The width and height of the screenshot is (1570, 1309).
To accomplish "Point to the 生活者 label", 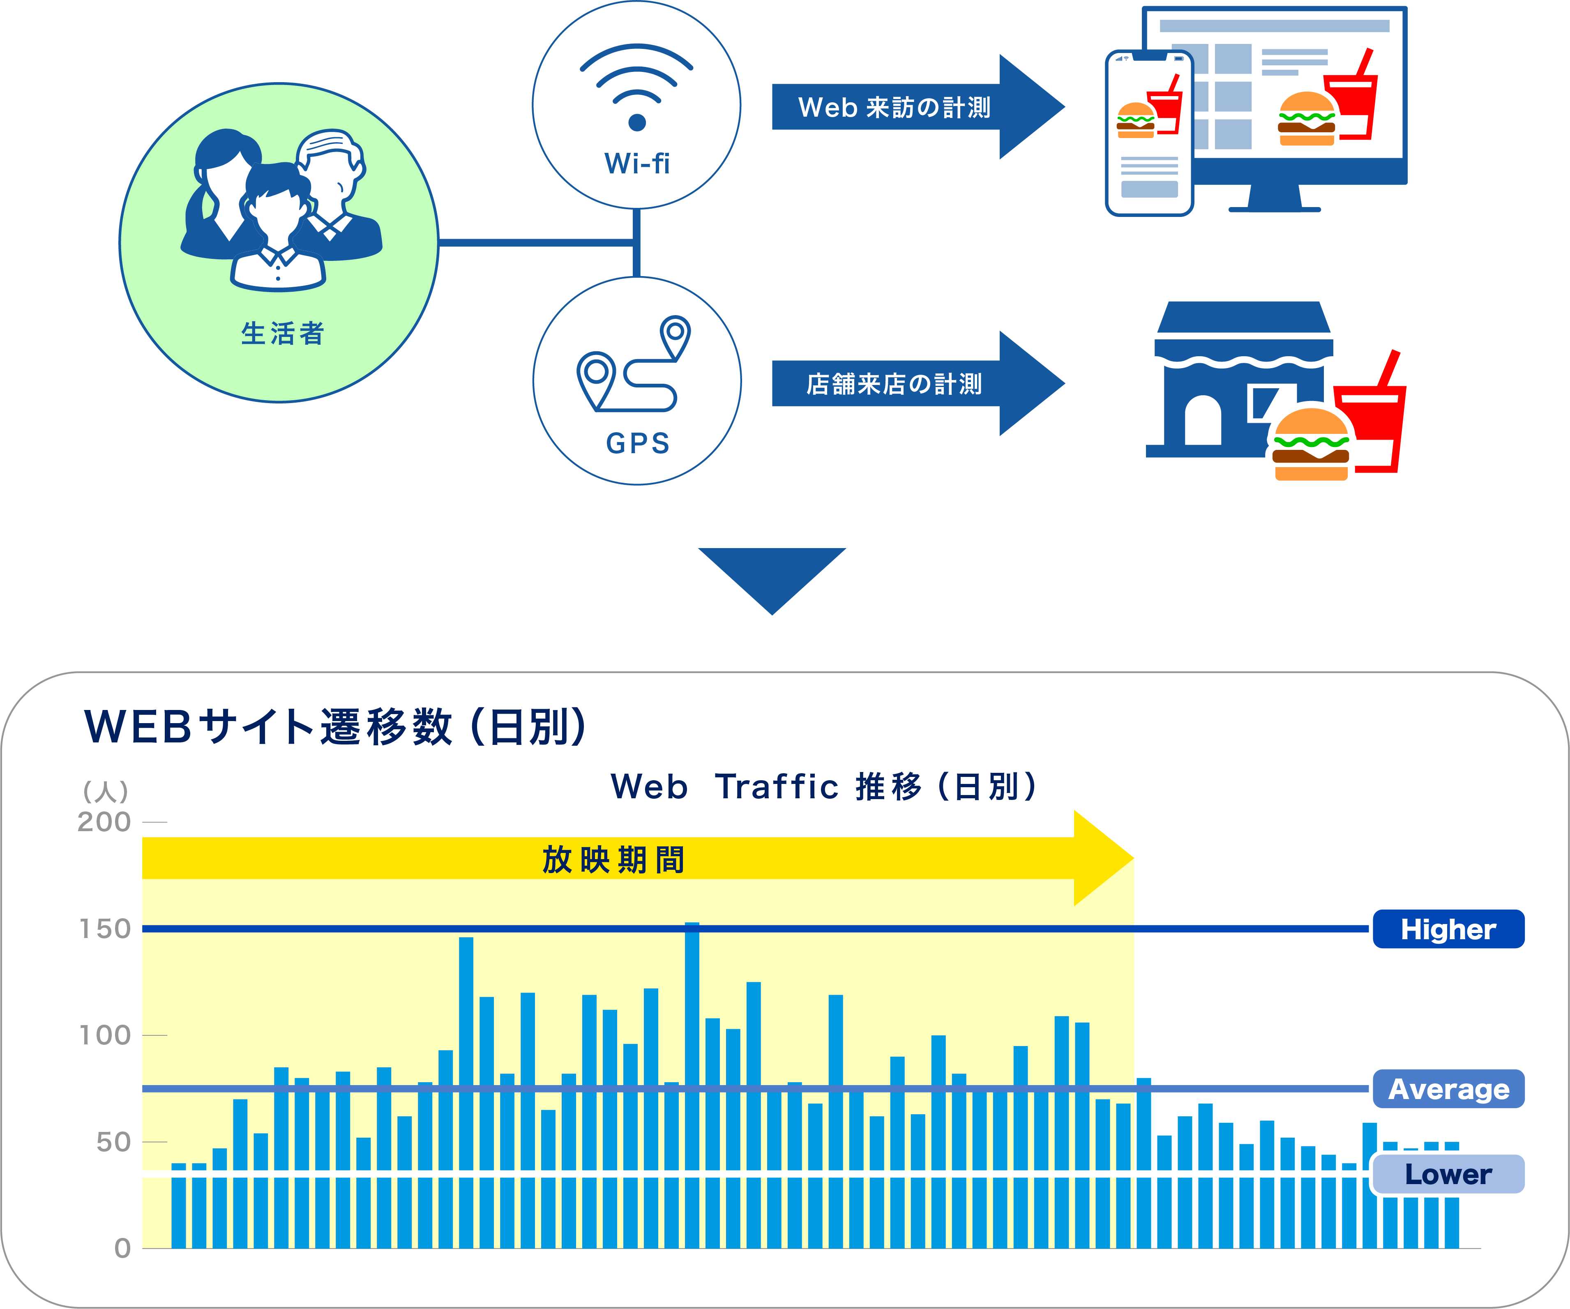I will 283,334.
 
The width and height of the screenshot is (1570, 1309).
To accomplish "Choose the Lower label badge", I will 1448,1174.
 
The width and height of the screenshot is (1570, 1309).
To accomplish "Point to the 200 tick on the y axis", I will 105,822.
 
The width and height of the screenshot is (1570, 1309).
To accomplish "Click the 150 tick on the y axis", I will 105,929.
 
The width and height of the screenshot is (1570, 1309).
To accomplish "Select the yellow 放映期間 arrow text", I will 613,859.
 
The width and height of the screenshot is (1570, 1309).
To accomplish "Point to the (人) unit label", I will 106,791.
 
